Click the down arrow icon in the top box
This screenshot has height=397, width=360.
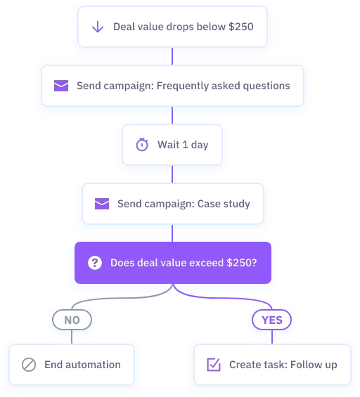point(98,27)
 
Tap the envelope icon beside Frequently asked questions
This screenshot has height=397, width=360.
point(61,86)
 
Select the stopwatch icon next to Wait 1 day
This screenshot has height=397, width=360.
point(142,145)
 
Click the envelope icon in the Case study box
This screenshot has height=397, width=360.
point(102,204)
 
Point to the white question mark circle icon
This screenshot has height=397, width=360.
point(95,263)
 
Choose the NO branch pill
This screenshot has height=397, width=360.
point(72,320)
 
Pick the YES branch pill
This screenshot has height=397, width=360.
point(272,320)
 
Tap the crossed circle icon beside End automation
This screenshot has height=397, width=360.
point(29,365)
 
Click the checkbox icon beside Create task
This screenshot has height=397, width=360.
point(214,365)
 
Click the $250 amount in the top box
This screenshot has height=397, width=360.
point(241,27)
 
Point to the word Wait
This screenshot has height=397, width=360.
point(169,145)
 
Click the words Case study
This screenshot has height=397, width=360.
point(224,204)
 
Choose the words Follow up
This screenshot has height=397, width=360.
point(314,365)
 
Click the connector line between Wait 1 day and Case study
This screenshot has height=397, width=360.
point(172,174)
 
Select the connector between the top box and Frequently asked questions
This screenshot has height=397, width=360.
point(172,56)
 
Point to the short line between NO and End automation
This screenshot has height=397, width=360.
point(72,337)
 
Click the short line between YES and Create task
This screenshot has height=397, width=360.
point(272,337)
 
